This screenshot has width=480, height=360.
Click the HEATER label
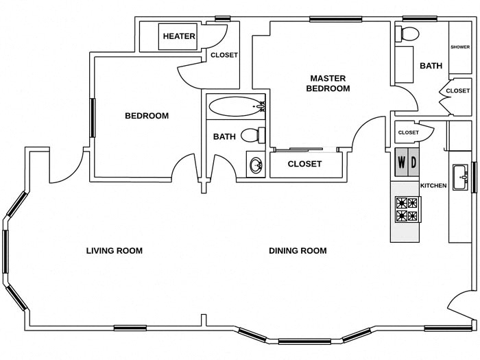click(179, 36)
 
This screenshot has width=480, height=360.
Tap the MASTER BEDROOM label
click(328, 83)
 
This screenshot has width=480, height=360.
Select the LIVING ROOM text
click(115, 251)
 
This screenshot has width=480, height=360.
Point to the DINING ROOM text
click(298, 251)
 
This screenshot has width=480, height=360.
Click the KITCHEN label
click(433, 186)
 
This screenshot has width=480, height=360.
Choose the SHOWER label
click(460, 47)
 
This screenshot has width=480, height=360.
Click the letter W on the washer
click(401, 165)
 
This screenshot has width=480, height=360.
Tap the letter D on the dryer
click(413, 165)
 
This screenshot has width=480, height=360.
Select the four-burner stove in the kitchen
click(407, 209)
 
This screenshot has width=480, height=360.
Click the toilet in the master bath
click(409, 34)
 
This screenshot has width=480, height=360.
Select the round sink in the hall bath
click(256, 165)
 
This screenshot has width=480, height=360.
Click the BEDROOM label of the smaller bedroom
click(146, 116)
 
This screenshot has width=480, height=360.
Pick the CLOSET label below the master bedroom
click(304, 164)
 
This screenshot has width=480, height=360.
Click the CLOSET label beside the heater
click(224, 56)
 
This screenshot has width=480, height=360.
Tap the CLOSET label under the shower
click(457, 91)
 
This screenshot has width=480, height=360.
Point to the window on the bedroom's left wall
click(91, 118)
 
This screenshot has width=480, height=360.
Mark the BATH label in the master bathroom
click(431, 67)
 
